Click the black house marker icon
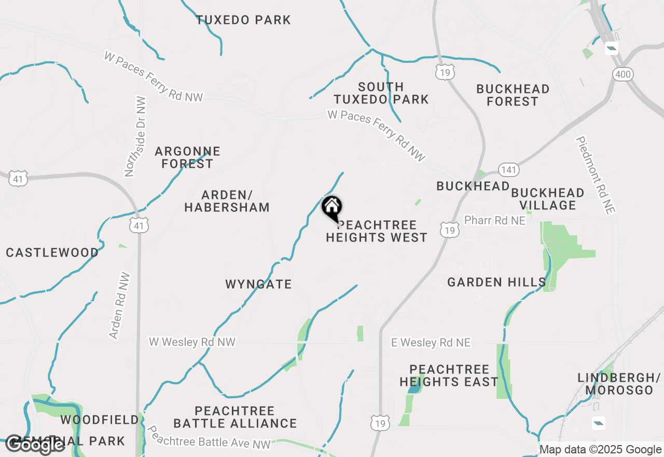click(x=332, y=208)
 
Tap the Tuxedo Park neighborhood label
click(x=243, y=20)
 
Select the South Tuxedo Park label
click(x=381, y=93)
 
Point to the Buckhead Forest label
click(x=513, y=95)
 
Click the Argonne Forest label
click(x=187, y=157)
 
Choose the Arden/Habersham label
click(x=227, y=201)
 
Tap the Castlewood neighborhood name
click(x=52, y=253)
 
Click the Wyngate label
click(x=258, y=284)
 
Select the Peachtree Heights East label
click(x=449, y=375)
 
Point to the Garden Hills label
click(x=496, y=282)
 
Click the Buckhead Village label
click(x=547, y=199)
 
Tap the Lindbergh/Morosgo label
click(x=619, y=383)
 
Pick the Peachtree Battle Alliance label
click(x=235, y=417)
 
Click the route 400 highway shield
click(x=622, y=75)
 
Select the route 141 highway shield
click(x=508, y=169)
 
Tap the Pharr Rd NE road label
click(x=494, y=220)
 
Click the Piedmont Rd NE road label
click(x=596, y=175)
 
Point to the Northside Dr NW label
click(x=135, y=136)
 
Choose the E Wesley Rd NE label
click(x=431, y=343)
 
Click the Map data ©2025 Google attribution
click(x=600, y=450)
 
